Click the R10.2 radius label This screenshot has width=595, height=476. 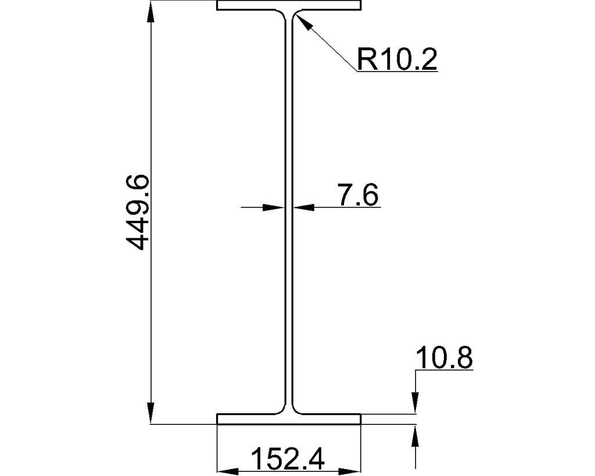(x=397, y=58)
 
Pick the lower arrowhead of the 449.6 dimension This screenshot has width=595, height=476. (x=151, y=414)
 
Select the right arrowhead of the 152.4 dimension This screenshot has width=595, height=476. (x=351, y=470)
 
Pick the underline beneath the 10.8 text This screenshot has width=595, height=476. (x=444, y=370)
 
